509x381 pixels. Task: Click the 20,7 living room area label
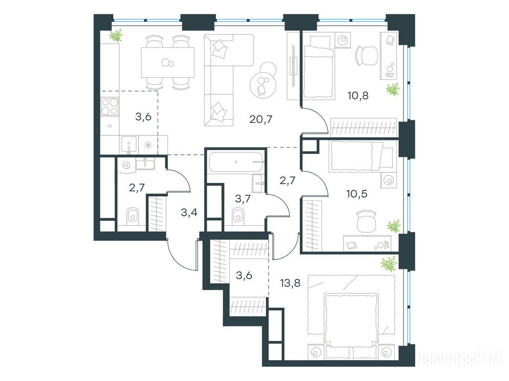pos(260,120)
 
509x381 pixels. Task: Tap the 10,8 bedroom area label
pos(357,96)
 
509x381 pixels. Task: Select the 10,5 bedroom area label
pos(357,194)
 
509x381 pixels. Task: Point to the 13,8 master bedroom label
pos(290,283)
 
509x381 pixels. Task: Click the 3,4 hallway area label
pos(189,213)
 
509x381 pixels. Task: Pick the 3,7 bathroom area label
pos(243,198)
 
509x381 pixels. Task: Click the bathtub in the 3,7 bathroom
pos(236,162)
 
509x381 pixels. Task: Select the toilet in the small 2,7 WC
pos(132,215)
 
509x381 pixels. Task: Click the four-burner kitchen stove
pos(110,107)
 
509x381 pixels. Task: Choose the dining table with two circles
pos(168,62)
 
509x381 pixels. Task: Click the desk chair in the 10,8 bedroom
pos(366,55)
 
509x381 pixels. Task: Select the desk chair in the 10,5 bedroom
pos(366,221)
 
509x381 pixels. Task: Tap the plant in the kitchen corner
pos(116,35)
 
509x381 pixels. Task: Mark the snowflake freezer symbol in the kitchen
pos(148,145)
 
